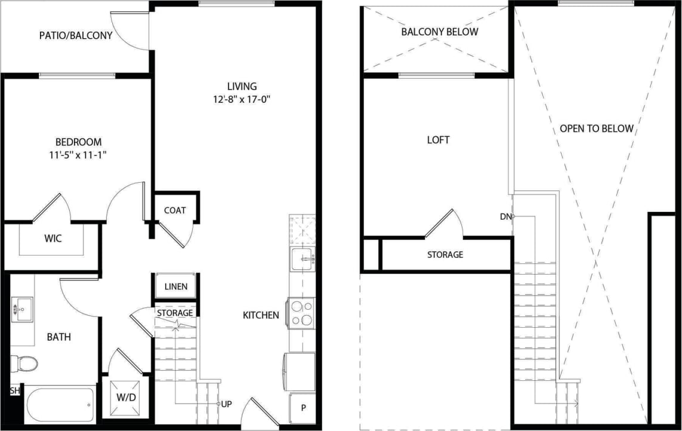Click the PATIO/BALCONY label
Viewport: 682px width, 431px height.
[76, 36]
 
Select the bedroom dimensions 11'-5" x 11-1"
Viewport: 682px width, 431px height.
[78, 155]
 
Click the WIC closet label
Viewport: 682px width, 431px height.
[53, 239]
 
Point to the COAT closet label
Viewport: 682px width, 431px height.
[175, 210]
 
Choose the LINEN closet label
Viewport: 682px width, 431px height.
[175, 287]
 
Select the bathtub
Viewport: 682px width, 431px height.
[60, 406]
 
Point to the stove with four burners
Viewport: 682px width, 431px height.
[301, 313]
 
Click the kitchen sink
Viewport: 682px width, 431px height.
[303, 260]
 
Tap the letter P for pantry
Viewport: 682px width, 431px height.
[303, 408]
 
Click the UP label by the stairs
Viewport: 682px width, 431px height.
[227, 404]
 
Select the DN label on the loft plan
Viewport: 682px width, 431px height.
[505, 217]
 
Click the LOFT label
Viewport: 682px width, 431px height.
[438, 140]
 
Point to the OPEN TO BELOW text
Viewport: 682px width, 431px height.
[596, 128]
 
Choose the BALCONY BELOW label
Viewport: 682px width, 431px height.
[439, 32]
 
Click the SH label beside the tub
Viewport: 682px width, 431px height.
[14, 390]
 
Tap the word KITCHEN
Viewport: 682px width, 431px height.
[261, 315]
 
